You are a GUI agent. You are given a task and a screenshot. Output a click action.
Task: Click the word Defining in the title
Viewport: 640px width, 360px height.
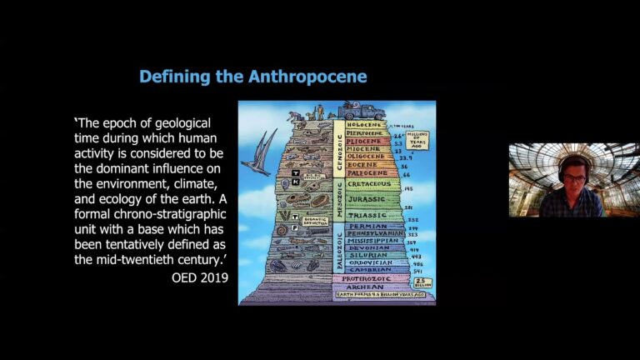(x=174, y=77)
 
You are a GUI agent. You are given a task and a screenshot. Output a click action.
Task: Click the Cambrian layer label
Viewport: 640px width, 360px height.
(x=372, y=270)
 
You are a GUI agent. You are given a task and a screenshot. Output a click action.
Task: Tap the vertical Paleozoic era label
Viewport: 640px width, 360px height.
(x=339, y=247)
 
